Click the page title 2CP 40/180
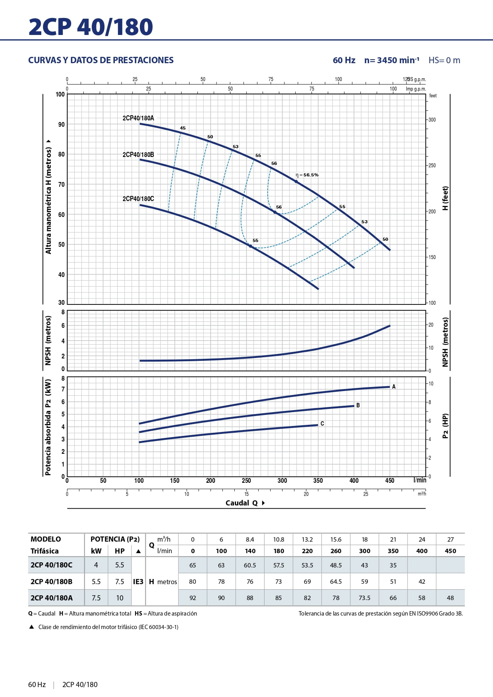[91, 27]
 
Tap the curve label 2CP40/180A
[138, 118]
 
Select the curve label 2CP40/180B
[138, 155]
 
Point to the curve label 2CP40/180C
[138, 199]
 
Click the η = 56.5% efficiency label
[307, 175]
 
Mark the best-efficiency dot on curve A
[296, 182]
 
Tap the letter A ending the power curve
[394, 387]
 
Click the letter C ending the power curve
[322, 424]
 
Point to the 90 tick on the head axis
[61, 124]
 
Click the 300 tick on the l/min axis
[282, 480]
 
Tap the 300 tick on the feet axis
[432, 120]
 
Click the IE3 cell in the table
[138, 582]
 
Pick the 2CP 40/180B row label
[52, 582]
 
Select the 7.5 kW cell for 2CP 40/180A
[96, 598]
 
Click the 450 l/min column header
[450, 551]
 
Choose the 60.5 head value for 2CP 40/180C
[250, 565]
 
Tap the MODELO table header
[46, 539]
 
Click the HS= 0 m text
[444, 60]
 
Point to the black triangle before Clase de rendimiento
[32, 627]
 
